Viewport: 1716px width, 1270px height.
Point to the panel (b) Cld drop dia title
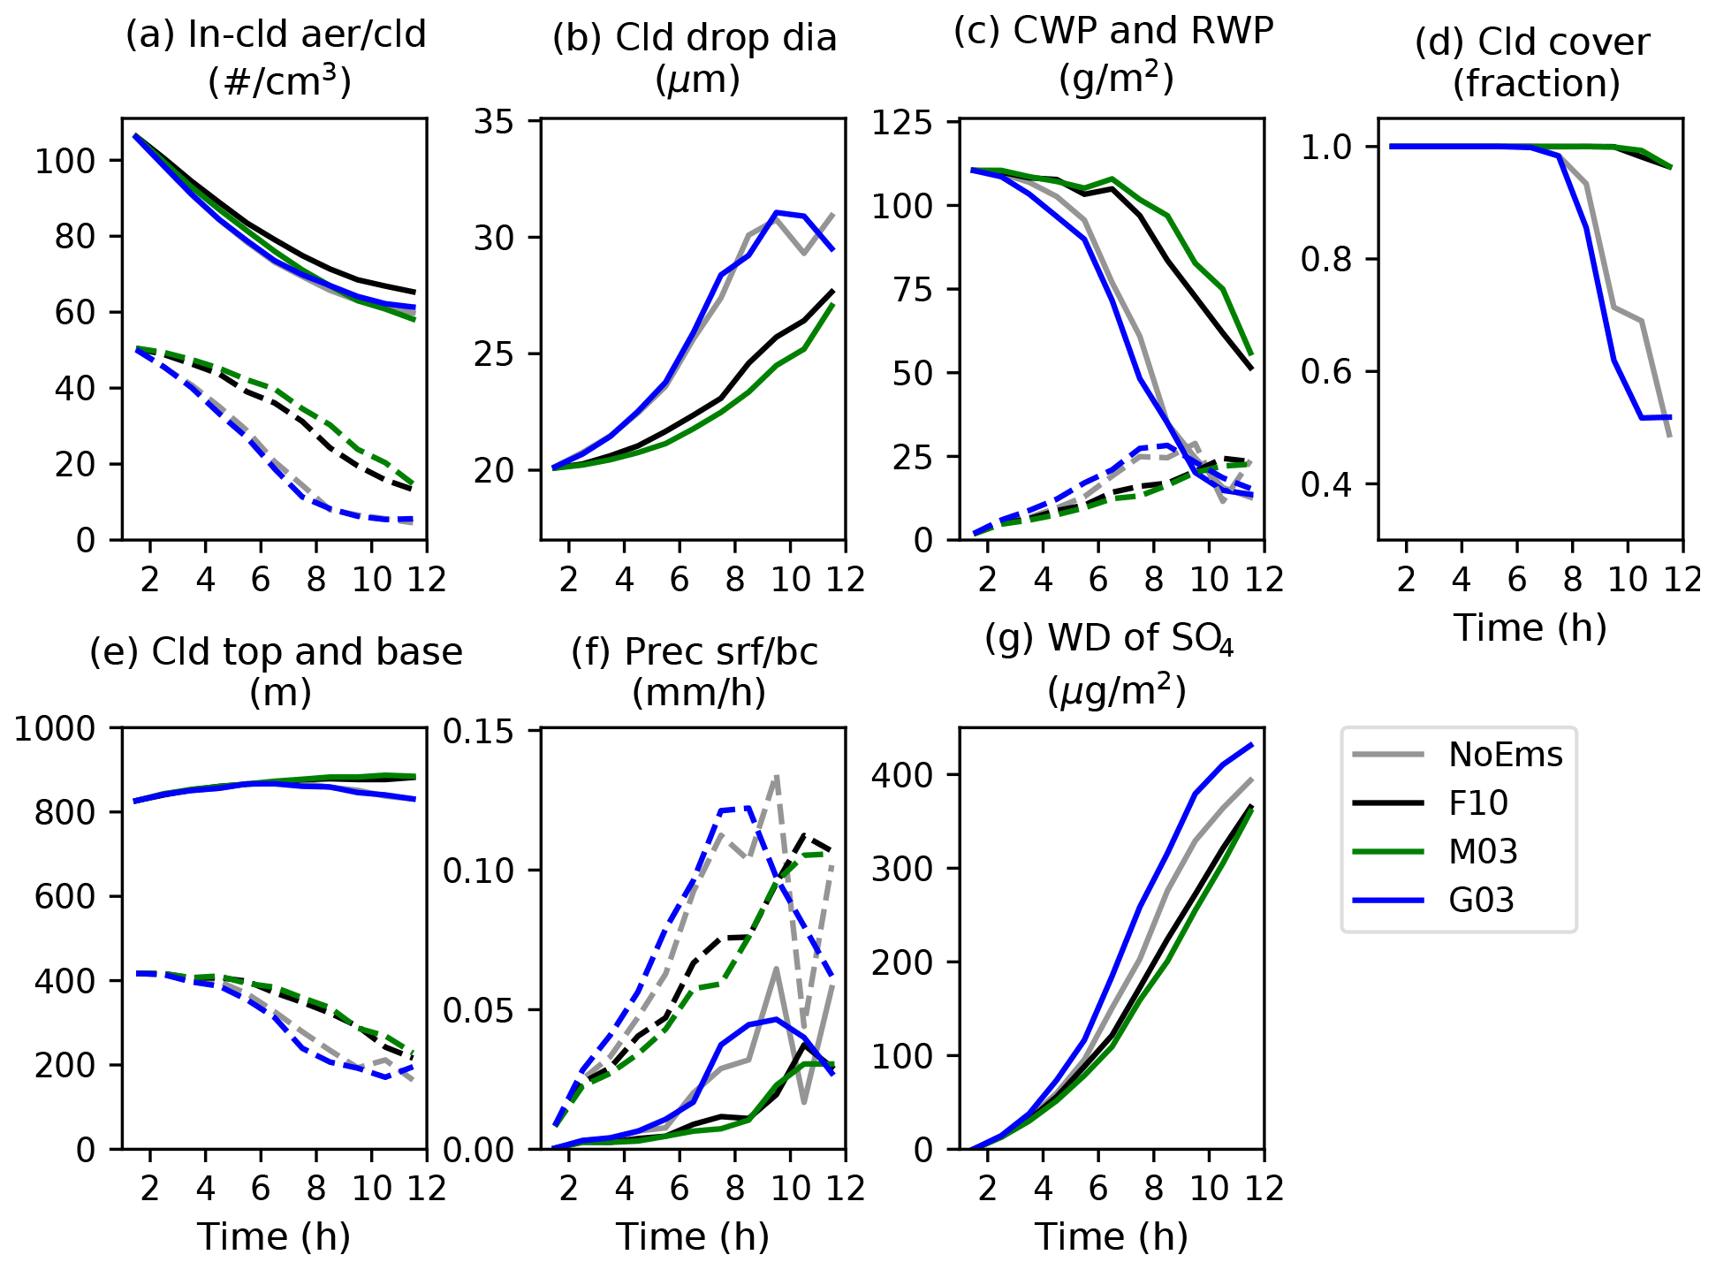[x=695, y=58]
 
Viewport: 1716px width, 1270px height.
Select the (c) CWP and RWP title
[x=1113, y=53]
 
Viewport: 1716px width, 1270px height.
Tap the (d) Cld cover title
[x=1532, y=62]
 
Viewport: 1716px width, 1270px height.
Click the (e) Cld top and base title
[x=276, y=672]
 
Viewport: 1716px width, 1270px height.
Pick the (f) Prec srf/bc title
[x=695, y=672]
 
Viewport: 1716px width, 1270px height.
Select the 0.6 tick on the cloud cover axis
[x=1332, y=372]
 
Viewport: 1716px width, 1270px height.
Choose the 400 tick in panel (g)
[x=902, y=776]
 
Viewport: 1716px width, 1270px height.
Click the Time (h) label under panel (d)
[x=1530, y=627]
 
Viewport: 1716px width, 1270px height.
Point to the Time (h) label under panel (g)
[x=1112, y=1236]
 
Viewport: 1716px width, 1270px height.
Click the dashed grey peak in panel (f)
[x=777, y=777]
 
